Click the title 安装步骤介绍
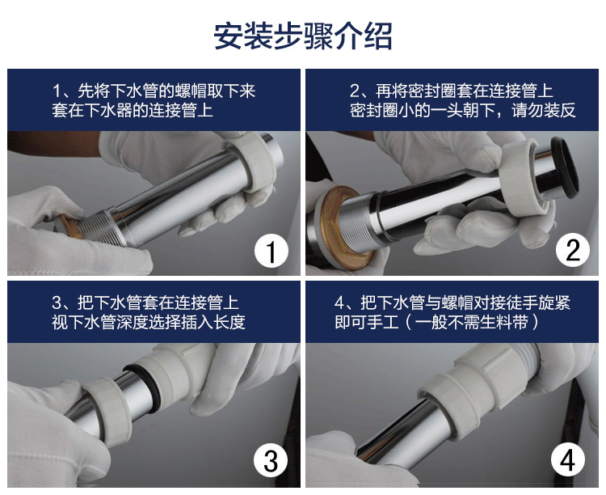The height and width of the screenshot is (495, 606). click(x=303, y=36)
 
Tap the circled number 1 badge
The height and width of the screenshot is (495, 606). click(x=271, y=252)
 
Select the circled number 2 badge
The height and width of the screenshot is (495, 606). click(x=573, y=251)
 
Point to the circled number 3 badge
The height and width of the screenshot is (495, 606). click(x=271, y=460)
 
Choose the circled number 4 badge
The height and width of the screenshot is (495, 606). click(x=568, y=460)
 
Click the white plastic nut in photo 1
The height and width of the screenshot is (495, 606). click(x=256, y=164)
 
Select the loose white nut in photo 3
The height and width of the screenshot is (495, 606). click(x=107, y=412)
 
